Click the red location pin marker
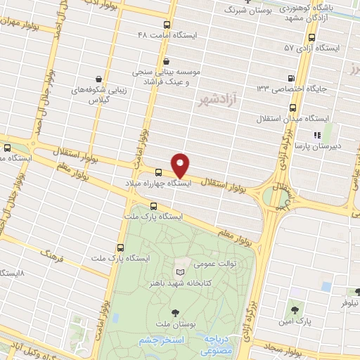point(181,165)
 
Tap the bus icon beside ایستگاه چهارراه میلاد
point(157,171)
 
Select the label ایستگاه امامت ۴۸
point(167,34)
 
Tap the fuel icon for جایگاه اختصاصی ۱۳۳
point(291,78)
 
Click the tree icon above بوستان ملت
point(174,312)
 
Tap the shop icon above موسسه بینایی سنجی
point(165,60)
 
